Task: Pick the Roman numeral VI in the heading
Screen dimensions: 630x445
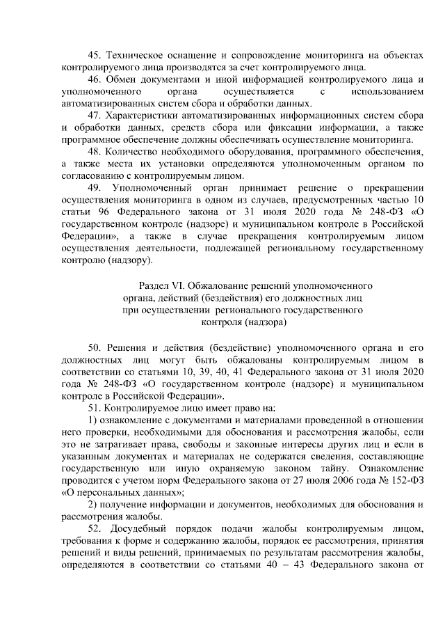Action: click(179, 285)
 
